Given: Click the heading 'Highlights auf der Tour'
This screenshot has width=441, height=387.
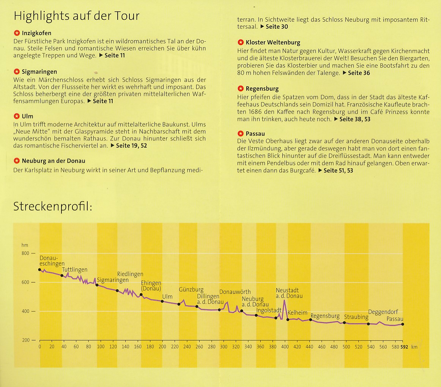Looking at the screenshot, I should [76, 16].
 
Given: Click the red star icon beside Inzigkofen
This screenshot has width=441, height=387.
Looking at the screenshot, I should [16, 33].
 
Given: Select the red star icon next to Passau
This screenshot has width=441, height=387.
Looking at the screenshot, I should [240, 133].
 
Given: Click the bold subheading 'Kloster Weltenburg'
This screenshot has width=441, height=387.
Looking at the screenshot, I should [272, 43].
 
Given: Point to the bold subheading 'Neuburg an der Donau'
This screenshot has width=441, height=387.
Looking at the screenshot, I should [54, 161].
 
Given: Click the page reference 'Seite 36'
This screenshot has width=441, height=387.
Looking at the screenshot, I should [359, 73].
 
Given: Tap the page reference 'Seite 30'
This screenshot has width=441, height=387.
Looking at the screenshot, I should [277, 27].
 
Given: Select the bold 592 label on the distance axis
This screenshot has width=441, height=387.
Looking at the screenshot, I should [404, 346].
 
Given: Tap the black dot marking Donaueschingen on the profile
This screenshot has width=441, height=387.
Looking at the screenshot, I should [39, 269].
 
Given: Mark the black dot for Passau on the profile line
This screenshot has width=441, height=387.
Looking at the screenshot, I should [403, 324].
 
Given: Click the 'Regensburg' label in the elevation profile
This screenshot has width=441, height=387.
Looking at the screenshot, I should [325, 316].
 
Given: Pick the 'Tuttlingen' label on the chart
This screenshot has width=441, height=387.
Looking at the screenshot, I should [74, 270].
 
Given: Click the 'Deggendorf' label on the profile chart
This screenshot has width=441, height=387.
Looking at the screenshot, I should [383, 312].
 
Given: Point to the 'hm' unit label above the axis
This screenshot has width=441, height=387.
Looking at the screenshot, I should [25, 245].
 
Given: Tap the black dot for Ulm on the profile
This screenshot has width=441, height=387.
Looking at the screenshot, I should [162, 301].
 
